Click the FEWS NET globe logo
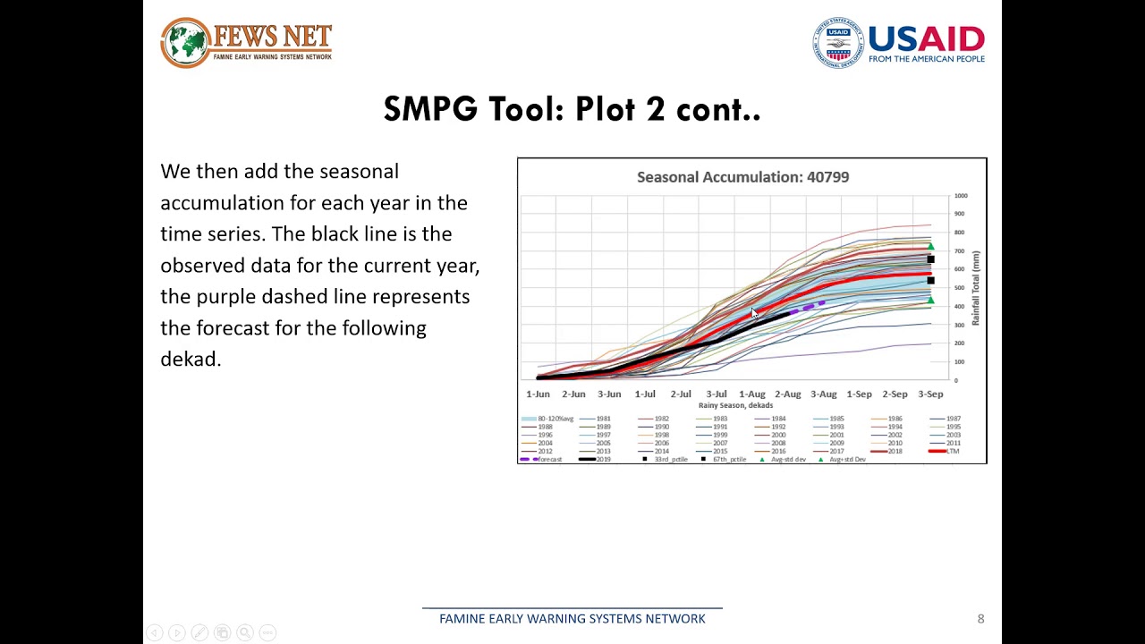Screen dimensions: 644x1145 [185, 42]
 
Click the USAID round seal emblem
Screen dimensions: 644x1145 [838, 43]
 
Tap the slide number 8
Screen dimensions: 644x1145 [980, 619]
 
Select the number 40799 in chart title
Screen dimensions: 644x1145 [827, 177]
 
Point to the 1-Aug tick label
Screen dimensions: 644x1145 [752, 394]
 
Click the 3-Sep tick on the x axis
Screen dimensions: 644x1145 [930, 394]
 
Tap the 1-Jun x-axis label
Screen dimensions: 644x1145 [538, 394]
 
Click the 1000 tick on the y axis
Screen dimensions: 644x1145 [961, 196]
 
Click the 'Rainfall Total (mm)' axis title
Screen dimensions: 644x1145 [976, 288]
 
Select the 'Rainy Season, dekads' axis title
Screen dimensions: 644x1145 [735, 405]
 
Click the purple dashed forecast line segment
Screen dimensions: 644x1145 [810, 307]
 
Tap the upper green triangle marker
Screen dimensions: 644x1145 [930, 247]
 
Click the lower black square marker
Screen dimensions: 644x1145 [930, 281]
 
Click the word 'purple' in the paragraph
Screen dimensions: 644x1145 [225, 297]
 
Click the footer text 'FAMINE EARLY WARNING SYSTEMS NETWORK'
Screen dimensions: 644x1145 [572, 619]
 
